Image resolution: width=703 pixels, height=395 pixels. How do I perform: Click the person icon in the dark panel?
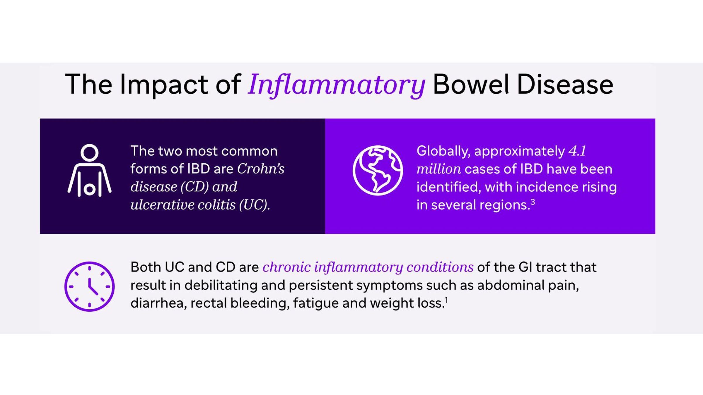[x=89, y=170]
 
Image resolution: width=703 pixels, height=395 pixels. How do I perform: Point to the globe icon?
[x=378, y=170]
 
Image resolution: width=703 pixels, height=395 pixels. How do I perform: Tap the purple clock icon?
[x=89, y=286]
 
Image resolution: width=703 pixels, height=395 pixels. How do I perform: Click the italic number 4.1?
[x=577, y=151]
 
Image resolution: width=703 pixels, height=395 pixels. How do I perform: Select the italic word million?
[x=438, y=169]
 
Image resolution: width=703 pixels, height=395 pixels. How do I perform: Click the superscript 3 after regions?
[x=533, y=202]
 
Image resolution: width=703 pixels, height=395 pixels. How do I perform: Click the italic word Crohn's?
[x=261, y=169]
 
